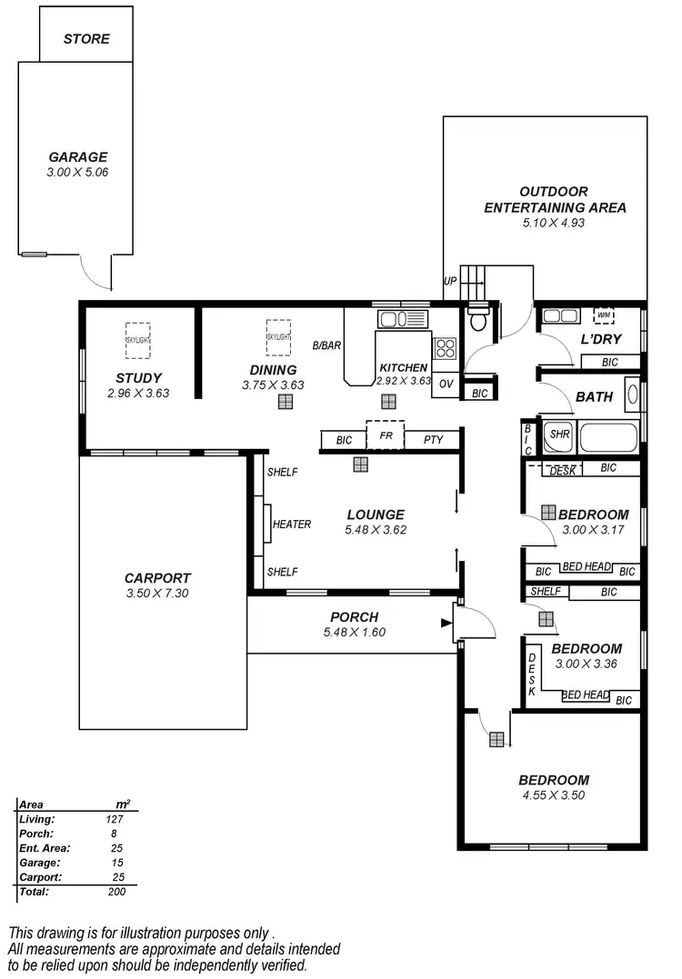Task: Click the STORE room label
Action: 86,39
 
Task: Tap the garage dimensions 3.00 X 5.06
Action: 77,172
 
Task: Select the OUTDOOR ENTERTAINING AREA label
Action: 555,199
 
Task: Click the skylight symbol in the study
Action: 138,340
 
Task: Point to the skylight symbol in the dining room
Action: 278,336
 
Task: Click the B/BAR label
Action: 326,346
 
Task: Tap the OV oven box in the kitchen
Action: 446,384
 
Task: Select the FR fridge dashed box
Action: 385,435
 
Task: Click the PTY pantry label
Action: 434,440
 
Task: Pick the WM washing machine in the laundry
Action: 604,315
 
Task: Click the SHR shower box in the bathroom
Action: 559,435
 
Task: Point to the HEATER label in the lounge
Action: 292,524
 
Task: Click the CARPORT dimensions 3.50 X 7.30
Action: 157,593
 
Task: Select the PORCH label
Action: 354,617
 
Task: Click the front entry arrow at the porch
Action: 446,623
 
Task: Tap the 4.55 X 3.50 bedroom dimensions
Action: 553,794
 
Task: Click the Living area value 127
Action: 115,819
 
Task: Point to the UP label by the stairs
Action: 449,282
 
